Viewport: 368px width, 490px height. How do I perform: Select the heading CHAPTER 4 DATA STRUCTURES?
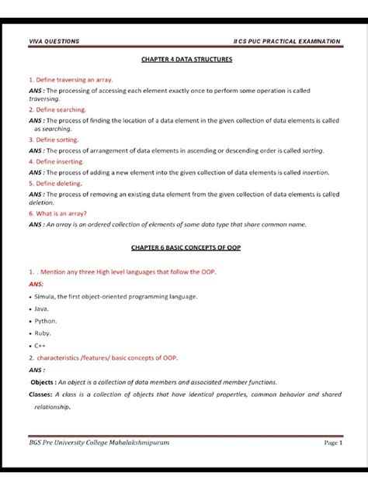(x=183, y=58)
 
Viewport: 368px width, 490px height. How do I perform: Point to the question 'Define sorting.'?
(x=52, y=140)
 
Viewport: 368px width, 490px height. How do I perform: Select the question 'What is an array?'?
(x=57, y=213)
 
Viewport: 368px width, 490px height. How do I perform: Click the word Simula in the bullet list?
(x=45, y=296)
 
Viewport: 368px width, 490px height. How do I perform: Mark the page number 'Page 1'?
(x=332, y=442)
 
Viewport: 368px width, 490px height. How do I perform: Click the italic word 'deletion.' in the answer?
(x=41, y=203)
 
